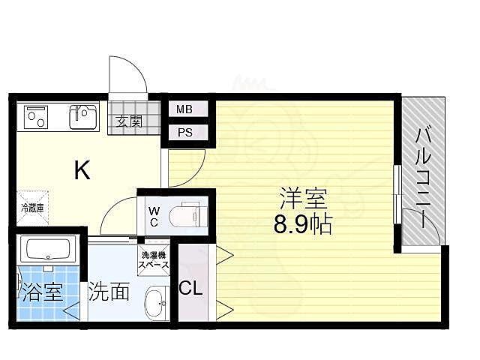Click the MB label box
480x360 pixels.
[x=184, y=109]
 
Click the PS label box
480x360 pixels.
[x=184, y=133]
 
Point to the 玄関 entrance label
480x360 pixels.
[x=129, y=121]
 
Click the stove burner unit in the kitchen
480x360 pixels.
[x=36, y=116]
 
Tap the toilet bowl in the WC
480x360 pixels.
[x=187, y=215]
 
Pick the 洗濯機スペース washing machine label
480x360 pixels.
[x=153, y=260]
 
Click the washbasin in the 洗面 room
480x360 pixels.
[x=155, y=303]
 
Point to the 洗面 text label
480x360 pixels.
[x=109, y=292]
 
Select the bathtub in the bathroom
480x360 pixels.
[x=46, y=248]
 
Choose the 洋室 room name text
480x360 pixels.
[x=302, y=200]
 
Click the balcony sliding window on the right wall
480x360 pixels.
[x=397, y=195]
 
